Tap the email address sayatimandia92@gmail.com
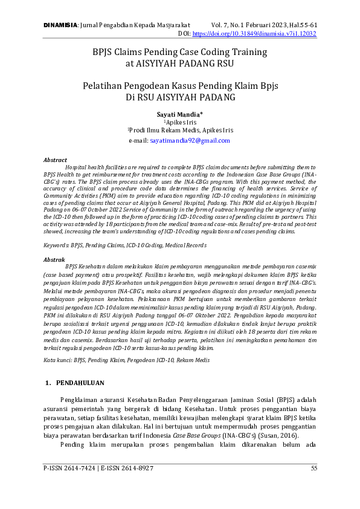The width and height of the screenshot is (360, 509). tap(190, 140)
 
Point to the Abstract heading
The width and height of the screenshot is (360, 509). tap(56, 160)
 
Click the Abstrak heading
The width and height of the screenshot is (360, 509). tap(54, 259)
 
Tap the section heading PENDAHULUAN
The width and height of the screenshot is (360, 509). tap(80, 383)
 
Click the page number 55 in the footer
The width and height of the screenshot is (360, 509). tap(314, 468)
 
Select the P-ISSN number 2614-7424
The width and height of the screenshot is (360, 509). tap(80, 468)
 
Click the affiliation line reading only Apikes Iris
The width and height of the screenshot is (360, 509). tap(181, 122)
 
